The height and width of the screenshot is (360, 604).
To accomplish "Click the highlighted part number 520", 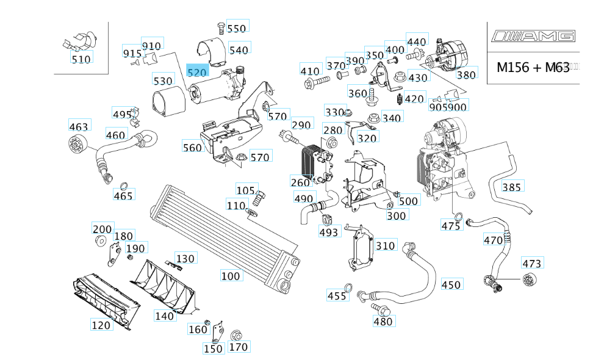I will pos(197,72).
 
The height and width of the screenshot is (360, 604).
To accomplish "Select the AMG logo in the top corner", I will pos(534,37).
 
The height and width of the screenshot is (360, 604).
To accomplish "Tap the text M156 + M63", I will pos(533,67).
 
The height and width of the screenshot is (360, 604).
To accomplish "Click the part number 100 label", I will pos(231,276).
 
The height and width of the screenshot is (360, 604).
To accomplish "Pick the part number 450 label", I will pos(451,285).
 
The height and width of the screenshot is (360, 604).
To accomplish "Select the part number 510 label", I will pos(81,59).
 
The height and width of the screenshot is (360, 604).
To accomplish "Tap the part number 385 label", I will pos(511,187).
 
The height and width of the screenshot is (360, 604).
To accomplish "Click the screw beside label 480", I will pos(374,308).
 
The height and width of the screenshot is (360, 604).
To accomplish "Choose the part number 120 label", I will pos(101,325).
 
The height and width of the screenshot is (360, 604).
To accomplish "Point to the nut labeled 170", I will pos(237,335).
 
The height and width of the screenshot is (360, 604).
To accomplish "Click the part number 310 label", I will pos(386,246).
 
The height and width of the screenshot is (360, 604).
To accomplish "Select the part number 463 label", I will pos(79,127).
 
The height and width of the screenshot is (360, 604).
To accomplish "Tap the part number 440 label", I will pos(417,41).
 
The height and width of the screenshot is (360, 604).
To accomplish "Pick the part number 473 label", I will pos(531,264).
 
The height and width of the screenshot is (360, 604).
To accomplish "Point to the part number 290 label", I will pos(301,125).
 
